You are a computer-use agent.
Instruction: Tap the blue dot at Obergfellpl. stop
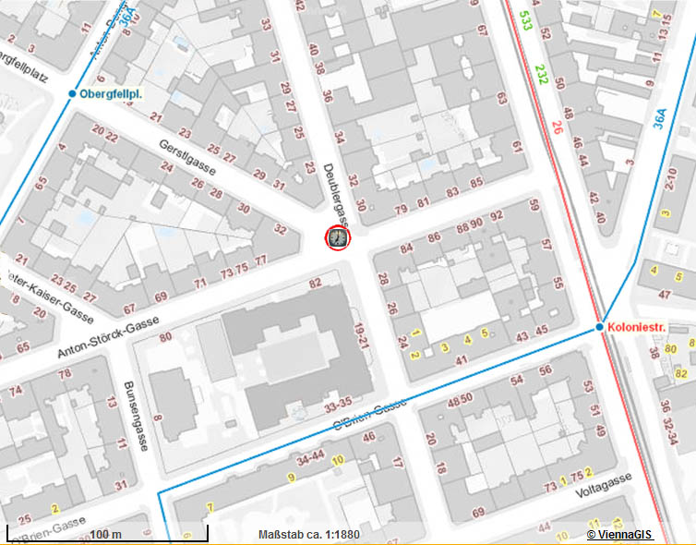[x=72, y=94]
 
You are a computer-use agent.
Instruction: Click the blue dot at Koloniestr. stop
[x=599, y=328]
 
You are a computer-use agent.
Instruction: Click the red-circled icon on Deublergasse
[x=338, y=237]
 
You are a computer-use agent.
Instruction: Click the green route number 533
[x=525, y=20]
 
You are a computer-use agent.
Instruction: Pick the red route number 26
[x=557, y=127]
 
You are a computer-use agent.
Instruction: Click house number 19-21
[x=361, y=335]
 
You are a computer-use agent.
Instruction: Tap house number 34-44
[x=310, y=457]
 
